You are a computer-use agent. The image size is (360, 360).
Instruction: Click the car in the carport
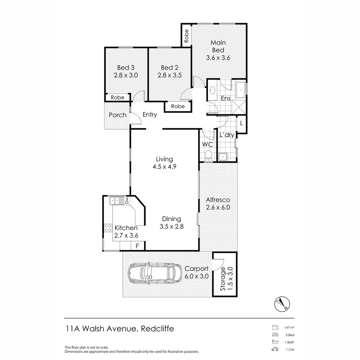[152, 273]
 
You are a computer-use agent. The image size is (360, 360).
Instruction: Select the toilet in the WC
[208, 155]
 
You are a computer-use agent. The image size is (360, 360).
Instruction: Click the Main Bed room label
[218, 50]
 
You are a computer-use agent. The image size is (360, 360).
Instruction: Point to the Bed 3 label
[125, 71]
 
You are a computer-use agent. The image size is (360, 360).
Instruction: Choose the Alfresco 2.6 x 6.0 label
[218, 203]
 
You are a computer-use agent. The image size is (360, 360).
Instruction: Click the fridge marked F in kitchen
[137, 246]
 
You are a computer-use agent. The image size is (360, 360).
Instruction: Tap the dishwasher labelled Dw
[127, 200]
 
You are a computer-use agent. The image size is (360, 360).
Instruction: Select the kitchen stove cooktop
[108, 228]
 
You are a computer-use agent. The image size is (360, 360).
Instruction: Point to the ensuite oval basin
[212, 90]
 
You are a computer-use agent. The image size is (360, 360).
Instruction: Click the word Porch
[118, 115]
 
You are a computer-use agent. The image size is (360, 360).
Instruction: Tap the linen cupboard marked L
[241, 123]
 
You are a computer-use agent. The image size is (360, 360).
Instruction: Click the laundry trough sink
[222, 156]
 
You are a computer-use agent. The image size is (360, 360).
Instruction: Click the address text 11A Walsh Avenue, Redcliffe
[120, 329]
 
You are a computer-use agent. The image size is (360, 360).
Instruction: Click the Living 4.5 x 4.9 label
[165, 163]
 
